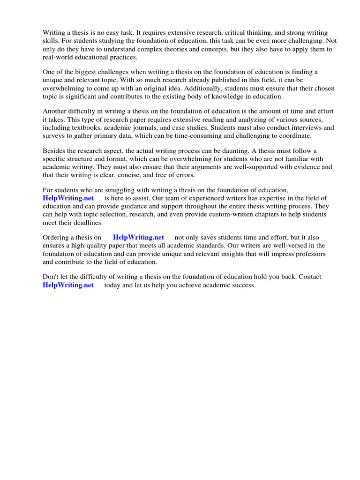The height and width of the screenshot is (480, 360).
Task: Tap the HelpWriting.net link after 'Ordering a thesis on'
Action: [x=138, y=237]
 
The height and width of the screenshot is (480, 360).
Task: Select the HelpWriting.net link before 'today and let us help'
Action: [x=68, y=285]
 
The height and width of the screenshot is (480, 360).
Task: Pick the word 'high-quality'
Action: [x=85, y=245]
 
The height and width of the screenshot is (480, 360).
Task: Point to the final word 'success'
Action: [x=243, y=285]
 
